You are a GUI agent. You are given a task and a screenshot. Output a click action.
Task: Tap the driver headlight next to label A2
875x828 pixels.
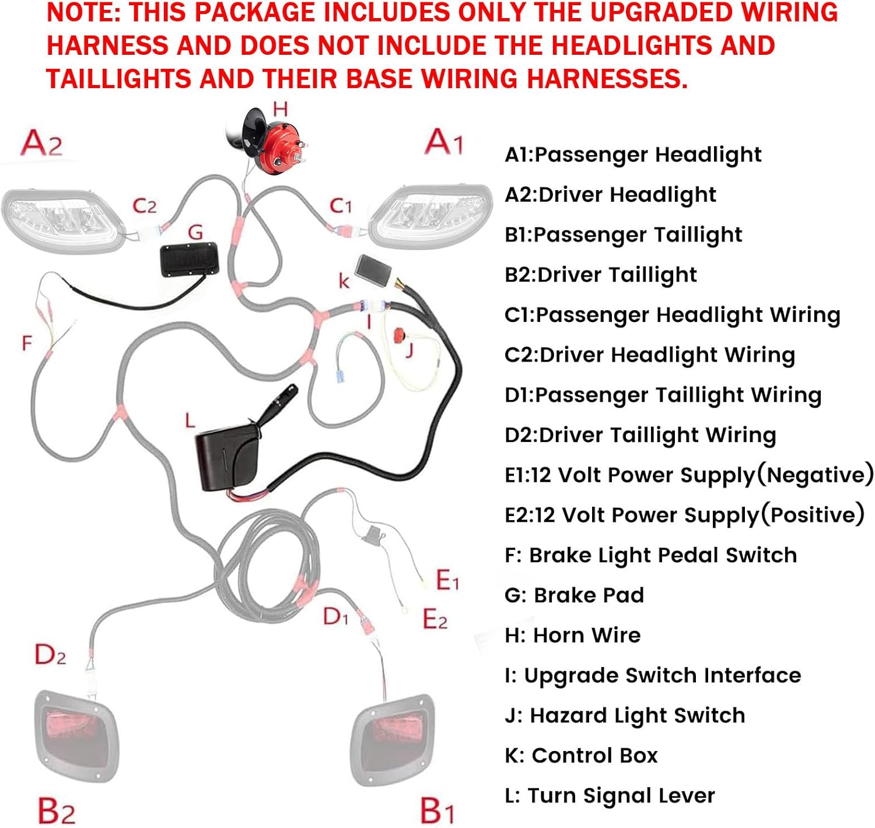point(62,220)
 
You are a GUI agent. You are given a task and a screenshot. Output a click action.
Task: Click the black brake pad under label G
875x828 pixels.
point(190,259)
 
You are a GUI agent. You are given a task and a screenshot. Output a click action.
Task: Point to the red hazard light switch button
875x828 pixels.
point(399,335)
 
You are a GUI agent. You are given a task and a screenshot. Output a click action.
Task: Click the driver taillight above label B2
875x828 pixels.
point(76,736)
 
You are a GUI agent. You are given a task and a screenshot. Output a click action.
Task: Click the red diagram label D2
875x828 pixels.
point(50,654)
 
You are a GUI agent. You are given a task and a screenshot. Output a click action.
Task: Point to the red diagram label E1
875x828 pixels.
point(447,580)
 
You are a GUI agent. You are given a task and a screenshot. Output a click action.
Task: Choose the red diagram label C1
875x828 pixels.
point(341,206)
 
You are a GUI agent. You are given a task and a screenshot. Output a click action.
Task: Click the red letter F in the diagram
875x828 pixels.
point(27,343)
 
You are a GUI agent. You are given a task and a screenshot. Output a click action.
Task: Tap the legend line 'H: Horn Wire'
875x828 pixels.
point(572,636)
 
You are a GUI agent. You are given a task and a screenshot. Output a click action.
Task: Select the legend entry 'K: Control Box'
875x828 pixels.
point(581,756)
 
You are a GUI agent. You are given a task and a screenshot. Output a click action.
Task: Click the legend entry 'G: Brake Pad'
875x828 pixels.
point(574,595)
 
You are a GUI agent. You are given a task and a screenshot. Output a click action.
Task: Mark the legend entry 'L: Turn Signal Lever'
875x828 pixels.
point(610,795)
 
